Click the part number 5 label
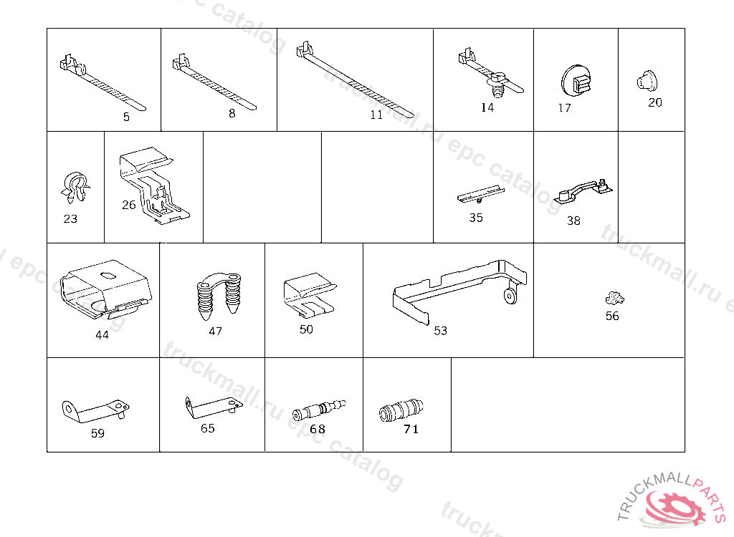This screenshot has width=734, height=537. pos(126,117)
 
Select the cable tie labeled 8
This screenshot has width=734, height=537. pos(214,82)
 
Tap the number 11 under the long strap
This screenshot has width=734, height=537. pos(376,115)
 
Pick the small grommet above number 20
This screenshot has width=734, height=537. pos(647,80)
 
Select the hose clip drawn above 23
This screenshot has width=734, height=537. pos(75,187)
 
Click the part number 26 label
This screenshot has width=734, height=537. pos(129,205)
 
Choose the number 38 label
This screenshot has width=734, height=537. pos(573,221)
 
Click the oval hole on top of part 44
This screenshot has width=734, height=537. pos(108,276)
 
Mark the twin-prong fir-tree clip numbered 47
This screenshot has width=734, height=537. pos(219,296)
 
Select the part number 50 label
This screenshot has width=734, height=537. pos(306,329)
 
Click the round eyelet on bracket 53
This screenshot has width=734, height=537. pos(510,296)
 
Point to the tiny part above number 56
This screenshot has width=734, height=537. pos(614,298)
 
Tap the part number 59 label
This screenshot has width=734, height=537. pos(97,434)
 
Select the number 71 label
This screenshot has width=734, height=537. pos(411,429)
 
